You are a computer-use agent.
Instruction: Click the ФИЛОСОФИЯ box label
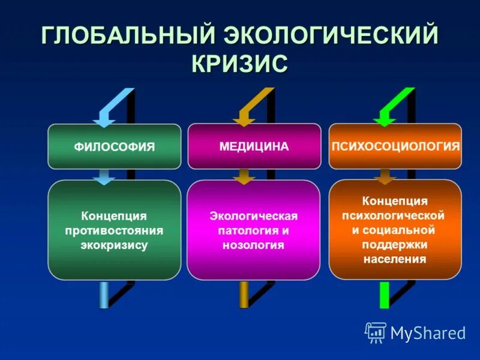point(114,147)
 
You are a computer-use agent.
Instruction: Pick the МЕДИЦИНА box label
point(254,146)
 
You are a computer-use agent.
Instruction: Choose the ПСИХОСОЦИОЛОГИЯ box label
point(395,146)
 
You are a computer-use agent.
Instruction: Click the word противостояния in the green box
point(114,230)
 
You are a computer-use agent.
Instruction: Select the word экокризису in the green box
point(114,245)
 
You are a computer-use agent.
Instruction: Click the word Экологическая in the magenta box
point(253,215)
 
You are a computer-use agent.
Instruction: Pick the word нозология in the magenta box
point(253,245)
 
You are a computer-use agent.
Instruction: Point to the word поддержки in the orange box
point(394,245)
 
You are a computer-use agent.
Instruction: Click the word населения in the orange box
point(394,259)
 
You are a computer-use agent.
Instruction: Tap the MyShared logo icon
point(376,332)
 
